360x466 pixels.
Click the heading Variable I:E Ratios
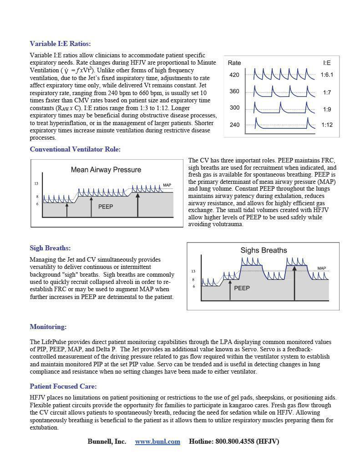click(x=60, y=44)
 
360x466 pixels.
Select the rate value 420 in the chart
click(x=234, y=75)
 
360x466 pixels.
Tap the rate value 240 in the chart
click(x=234, y=125)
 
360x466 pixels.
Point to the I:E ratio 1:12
click(x=326, y=125)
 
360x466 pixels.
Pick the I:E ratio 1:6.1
click(x=326, y=75)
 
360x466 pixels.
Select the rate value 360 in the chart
click(x=234, y=91)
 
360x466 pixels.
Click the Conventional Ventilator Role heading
click(x=75, y=149)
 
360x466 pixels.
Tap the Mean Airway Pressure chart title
click(x=106, y=170)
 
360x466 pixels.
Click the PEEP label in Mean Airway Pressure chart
click(x=105, y=207)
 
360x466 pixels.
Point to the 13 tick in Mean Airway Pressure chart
click(x=36, y=184)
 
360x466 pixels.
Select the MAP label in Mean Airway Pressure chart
click(x=167, y=185)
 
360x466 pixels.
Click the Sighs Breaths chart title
click(x=264, y=250)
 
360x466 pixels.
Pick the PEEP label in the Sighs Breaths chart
click(x=242, y=288)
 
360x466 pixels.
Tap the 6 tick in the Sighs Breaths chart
click(x=193, y=287)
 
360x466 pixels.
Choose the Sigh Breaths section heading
click(x=50, y=248)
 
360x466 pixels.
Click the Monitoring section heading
click(x=48, y=327)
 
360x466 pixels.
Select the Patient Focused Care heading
click(x=63, y=386)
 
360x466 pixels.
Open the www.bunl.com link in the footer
click(x=157, y=441)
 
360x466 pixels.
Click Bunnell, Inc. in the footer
click(x=106, y=441)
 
